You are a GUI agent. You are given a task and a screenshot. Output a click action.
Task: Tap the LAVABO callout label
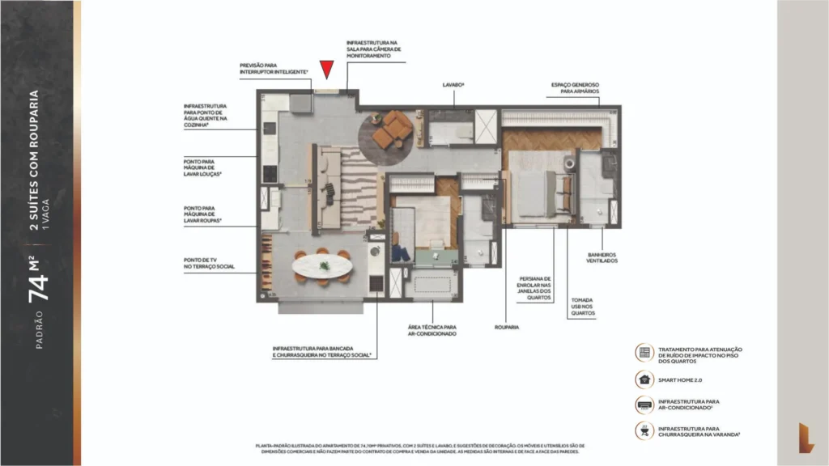453,84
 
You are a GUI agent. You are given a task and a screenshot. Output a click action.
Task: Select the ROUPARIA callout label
506,327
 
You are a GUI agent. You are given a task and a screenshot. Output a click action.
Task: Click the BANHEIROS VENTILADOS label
602,258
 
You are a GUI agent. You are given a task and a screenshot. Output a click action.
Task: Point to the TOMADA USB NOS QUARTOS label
582,307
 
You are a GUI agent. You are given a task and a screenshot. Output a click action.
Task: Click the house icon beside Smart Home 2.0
644,378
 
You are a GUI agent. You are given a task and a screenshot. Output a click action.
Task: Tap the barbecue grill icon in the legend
644,431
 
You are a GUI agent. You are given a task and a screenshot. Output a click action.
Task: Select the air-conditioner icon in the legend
644,405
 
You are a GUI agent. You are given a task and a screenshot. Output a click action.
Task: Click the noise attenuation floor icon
644,352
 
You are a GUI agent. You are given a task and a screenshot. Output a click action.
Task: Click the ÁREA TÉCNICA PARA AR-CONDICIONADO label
432,331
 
